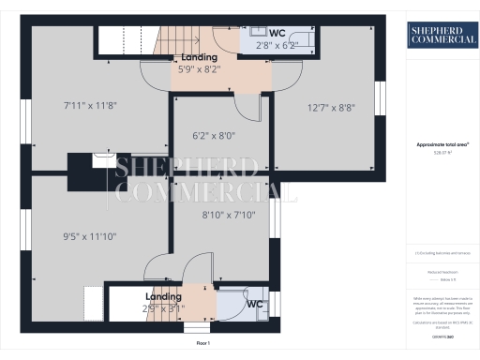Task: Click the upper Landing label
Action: click(199, 57)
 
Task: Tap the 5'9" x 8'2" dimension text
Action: click(199, 68)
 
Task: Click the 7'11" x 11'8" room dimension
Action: click(90, 103)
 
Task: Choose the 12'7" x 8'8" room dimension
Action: click(330, 108)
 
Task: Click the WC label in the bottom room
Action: click(254, 304)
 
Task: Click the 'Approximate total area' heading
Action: click(442, 145)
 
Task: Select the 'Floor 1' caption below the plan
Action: click(203, 344)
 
